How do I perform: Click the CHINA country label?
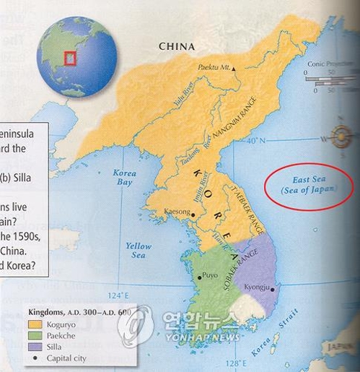click(177, 47)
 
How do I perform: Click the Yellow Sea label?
click(139, 251)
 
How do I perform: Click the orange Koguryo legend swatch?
click(33, 324)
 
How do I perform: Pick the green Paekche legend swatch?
click(33, 335)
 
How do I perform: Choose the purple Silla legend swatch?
click(33, 346)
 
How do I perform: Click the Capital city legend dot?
click(33, 358)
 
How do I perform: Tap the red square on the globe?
click(70, 56)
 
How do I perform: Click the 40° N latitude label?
click(258, 141)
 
